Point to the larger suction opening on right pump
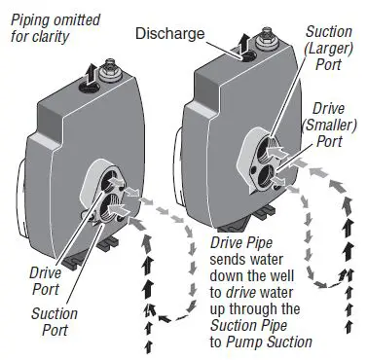pos(260,149)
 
